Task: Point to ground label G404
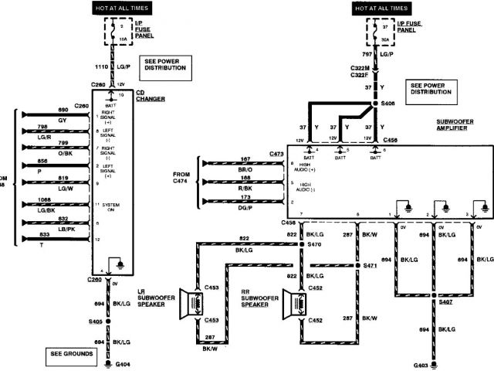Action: (x=122, y=363)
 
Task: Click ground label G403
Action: (x=421, y=363)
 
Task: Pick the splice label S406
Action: (x=389, y=103)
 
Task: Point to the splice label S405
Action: (x=95, y=321)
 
